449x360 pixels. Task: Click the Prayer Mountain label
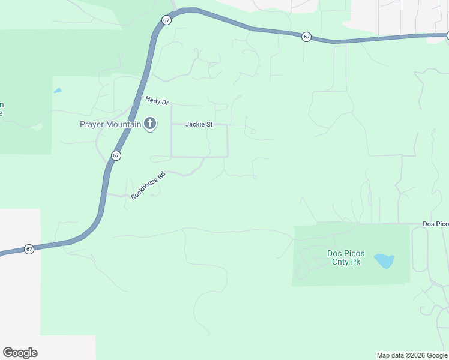pos(110,125)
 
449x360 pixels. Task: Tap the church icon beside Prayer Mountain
pos(149,124)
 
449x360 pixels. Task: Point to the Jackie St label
pos(199,125)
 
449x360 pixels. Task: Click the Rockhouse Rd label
pos(148,187)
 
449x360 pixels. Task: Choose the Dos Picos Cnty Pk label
pos(345,257)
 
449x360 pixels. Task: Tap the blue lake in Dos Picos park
pos(384,260)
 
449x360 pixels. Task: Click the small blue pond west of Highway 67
pos(58,91)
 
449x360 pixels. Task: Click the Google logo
pos(20,353)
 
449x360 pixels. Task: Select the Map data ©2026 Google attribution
pos(412,355)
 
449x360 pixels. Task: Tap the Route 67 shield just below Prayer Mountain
pos(116,155)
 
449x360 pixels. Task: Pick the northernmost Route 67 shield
pos(166,20)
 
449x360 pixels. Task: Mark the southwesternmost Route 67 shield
pos(29,249)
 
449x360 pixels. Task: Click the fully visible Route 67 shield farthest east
pos(306,37)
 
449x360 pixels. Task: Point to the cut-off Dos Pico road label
pos(435,224)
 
